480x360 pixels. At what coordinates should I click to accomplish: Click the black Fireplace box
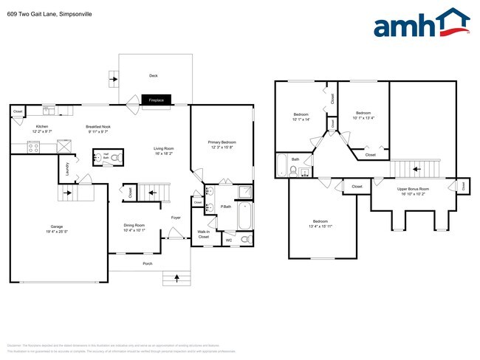point(157,100)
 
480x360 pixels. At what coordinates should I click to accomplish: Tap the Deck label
point(154,75)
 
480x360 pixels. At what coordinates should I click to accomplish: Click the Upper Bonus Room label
point(414,192)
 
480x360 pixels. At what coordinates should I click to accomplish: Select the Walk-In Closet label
point(204,235)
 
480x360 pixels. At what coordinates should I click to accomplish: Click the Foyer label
point(176,218)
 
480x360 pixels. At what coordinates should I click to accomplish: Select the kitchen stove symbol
point(33,147)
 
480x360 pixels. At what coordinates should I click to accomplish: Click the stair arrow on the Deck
point(114,76)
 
